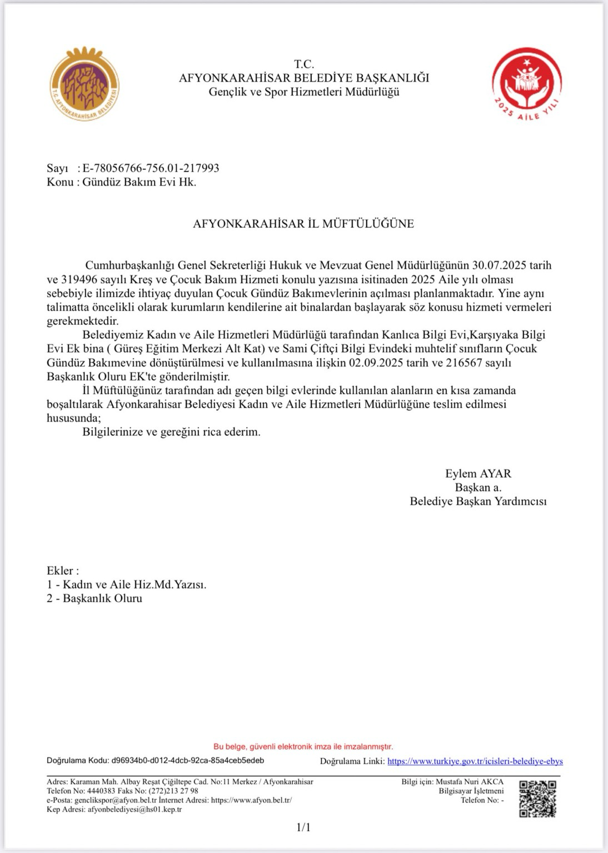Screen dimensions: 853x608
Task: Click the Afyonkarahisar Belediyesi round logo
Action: pyautogui.click(x=85, y=84)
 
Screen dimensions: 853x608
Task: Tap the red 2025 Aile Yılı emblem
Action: pyautogui.click(x=527, y=84)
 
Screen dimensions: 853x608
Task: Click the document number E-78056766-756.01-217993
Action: pyautogui.click(x=151, y=168)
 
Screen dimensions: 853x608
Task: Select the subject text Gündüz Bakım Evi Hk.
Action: pyautogui.click(x=139, y=182)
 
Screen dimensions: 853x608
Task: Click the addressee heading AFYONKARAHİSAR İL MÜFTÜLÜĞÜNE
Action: pyautogui.click(x=303, y=224)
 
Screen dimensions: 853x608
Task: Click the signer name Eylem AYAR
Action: pyautogui.click(x=478, y=474)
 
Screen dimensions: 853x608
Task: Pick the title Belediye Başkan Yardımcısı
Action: pyautogui.click(x=478, y=501)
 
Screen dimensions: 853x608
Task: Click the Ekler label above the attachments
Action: pyautogui.click(x=62, y=571)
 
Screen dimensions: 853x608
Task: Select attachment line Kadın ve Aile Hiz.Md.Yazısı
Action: pyautogui.click(x=134, y=585)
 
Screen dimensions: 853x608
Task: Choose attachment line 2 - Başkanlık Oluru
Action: pyautogui.click(x=94, y=599)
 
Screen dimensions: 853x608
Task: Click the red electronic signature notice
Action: pyautogui.click(x=303, y=747)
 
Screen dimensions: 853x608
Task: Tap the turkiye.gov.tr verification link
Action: pyautogui.click(x=475, y=761)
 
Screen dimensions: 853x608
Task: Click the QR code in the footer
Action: pyautogui.click(x=537, y=799)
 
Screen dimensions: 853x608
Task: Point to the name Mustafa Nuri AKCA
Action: pyautogui.click(x=470, y=782)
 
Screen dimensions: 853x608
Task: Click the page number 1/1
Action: pyautogui.click(x=303, y=827)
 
